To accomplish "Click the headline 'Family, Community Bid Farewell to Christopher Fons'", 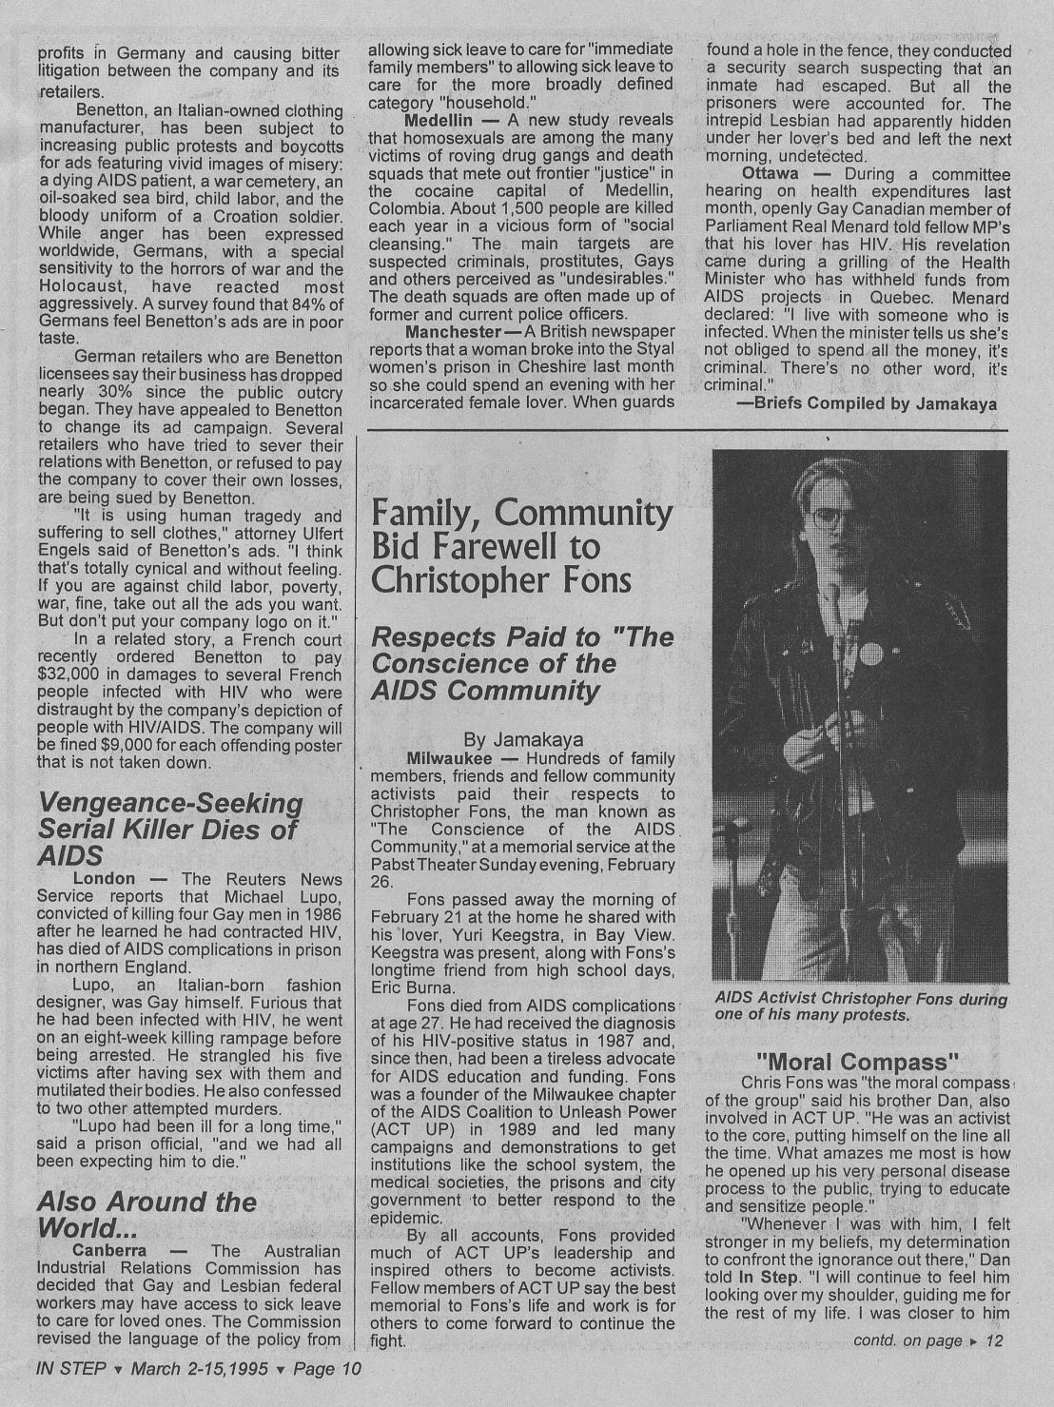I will [520, 547].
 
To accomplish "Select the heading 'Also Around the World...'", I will [146, 1214].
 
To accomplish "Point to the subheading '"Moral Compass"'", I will [855, 1062].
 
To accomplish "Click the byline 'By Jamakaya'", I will [522, 739].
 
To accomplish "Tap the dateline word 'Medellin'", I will [439, 121].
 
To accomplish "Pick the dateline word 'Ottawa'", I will [770, 174].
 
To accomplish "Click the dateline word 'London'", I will [104, 878].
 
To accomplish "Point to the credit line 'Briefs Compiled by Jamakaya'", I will [867, 403].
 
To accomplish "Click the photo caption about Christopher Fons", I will [860, 1006].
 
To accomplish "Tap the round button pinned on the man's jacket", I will [869, 655].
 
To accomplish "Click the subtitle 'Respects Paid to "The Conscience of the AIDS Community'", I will [521, 663].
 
